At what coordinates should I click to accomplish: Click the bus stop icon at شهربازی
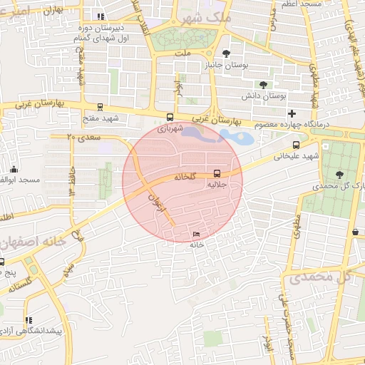[170, 118]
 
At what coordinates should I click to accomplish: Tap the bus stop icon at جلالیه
[217, 173]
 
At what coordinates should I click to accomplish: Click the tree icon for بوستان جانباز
[227, 53]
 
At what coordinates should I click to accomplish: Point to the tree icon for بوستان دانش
[263, 84]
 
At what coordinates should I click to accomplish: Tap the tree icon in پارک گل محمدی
[339, 175]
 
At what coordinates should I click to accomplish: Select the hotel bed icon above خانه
[197, 235]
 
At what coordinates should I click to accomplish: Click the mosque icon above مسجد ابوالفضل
[14, 169]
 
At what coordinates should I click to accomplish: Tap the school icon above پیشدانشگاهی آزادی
[29, 321]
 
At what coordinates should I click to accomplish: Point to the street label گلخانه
[183, 176]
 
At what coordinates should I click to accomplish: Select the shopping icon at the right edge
[355, 231]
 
